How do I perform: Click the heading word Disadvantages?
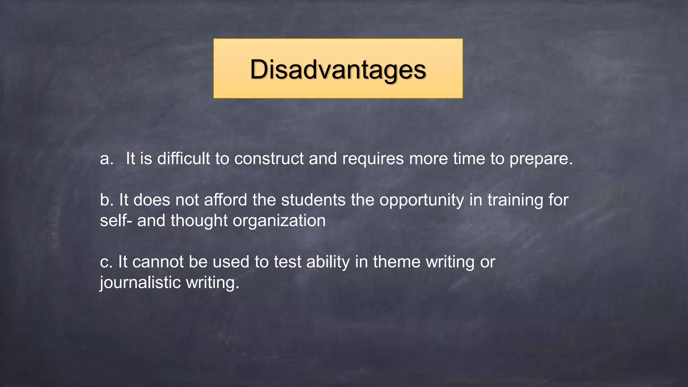(x=338, y=70)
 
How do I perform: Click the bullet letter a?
(x=106, y=159)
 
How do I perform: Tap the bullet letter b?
(x=106, y=200)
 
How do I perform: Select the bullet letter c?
(x=105, y=262)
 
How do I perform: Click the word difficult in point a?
(x=183, y=159)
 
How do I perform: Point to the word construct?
(x=269, y=159)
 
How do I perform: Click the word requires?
(x=373, y=159)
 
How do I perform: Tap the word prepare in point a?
(x=541, y=159)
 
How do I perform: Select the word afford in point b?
(x=225, y=200)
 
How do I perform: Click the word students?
(x=313, y=200)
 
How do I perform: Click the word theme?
(x=397, y=262)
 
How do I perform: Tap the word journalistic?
(x=140, y=283)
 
